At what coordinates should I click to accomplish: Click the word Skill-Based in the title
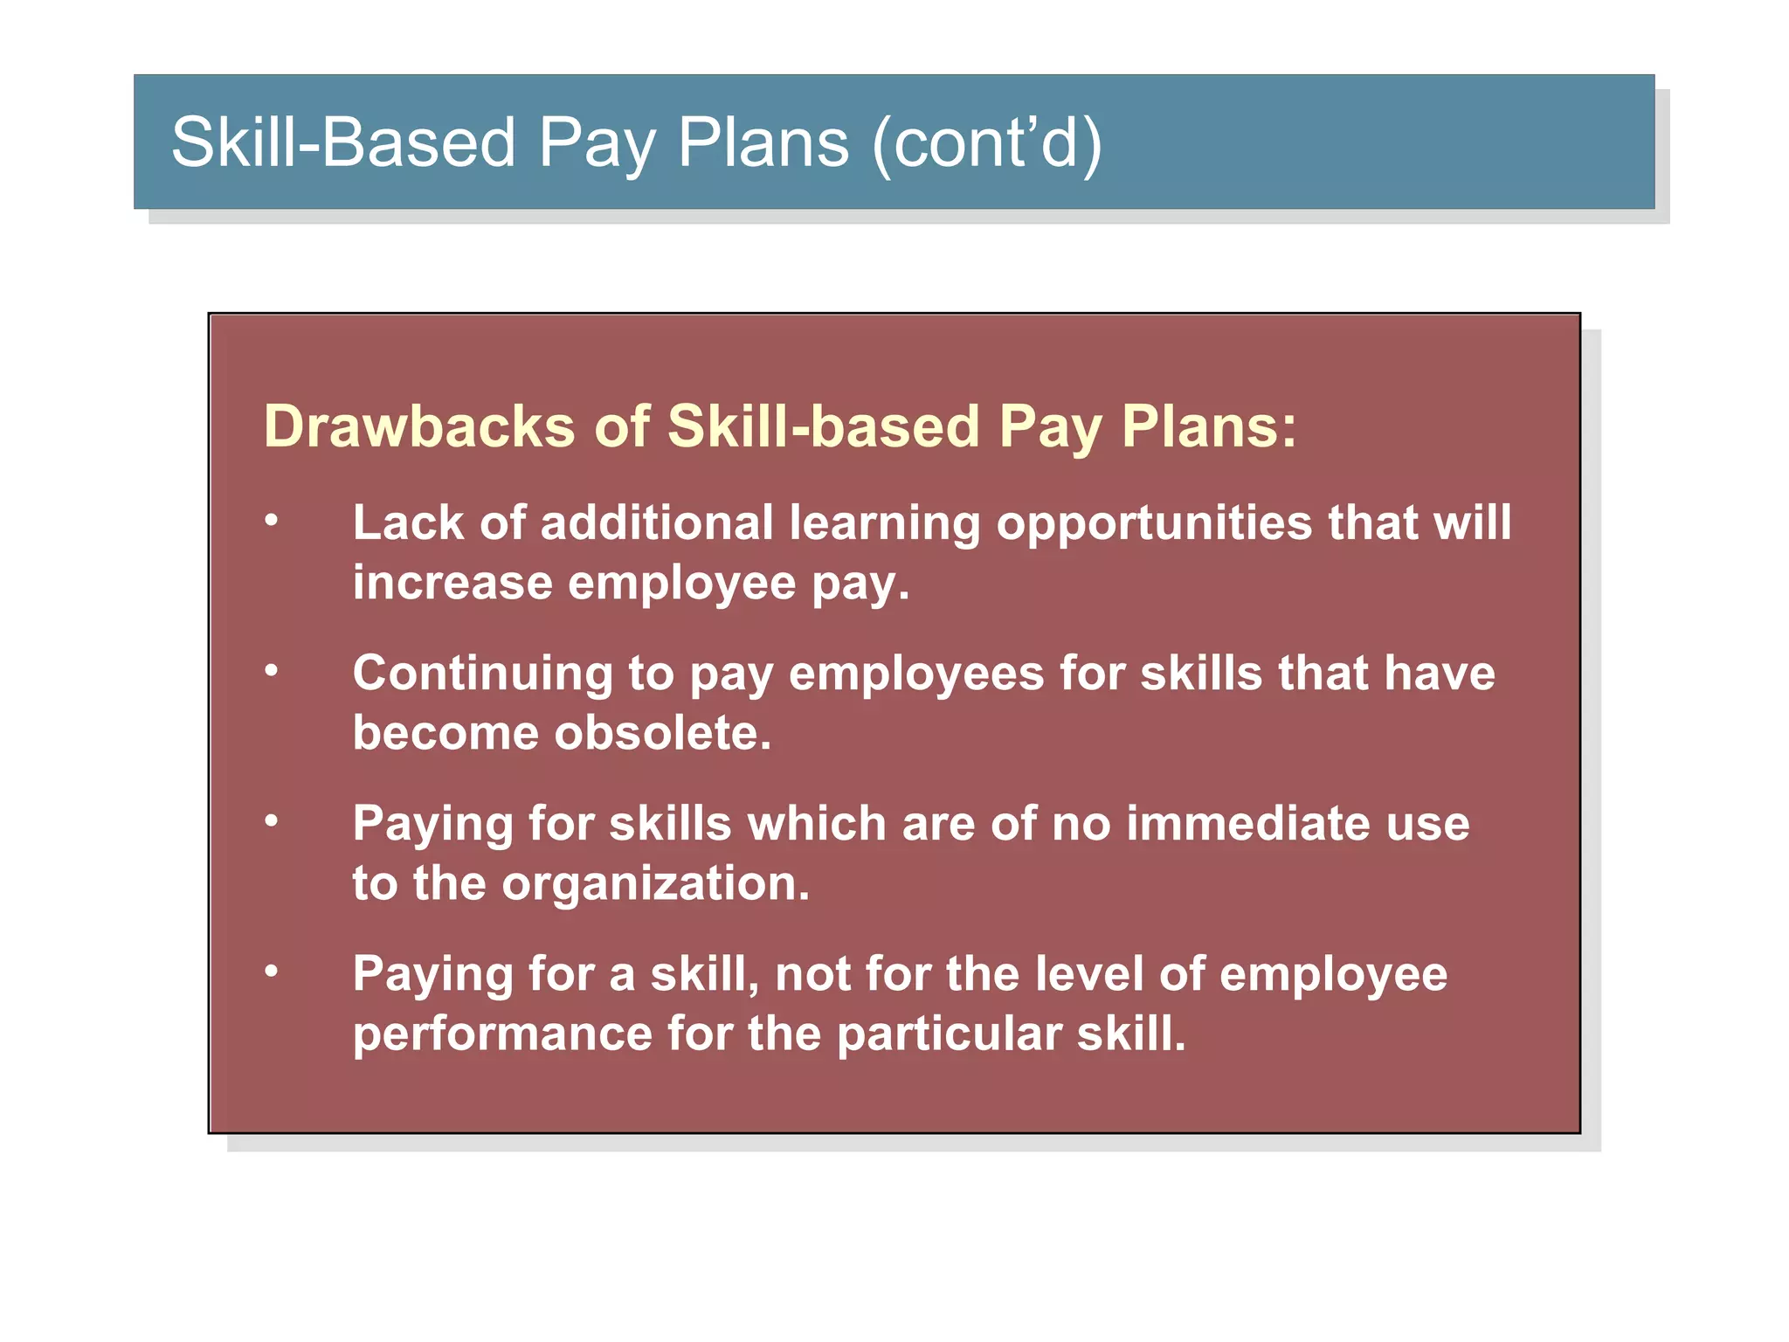coord(343,142)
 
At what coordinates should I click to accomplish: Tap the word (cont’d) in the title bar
coord(987,142)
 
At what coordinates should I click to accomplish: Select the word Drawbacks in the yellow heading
coord(419,426)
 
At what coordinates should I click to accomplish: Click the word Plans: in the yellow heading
coord(1209,426)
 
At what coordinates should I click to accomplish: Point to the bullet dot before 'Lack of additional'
coord(272,521)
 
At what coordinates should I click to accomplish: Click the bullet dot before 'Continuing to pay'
coord(272,671)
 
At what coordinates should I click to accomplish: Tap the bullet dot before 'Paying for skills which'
coord(272,821)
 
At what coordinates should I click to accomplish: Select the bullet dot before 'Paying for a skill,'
coord(272,972)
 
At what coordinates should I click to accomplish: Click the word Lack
coord(408,522)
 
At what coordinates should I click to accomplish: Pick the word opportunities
coord(1154,524)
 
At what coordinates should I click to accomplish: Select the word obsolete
coord(663,732)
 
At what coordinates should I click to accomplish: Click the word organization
coord(655,883)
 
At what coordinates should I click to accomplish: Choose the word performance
coord(502,1034)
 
